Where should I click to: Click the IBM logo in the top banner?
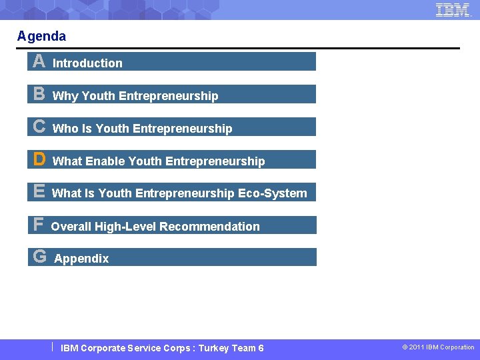(453, 10)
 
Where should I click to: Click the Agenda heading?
(41, 36)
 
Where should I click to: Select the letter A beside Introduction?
(39, 62)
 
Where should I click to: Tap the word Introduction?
(87, 63)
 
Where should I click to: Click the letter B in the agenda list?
(39, 95)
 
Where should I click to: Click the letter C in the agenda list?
(39, 127)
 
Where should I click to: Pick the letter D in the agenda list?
(39, 159)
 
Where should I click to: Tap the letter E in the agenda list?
(39, 192)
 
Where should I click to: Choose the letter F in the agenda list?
(39, 225)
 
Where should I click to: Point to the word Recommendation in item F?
(209, 227)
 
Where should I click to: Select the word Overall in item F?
(71, 227)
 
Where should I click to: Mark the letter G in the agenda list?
(39, 257)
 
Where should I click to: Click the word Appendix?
(81, 259)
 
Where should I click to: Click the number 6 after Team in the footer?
(261, 348)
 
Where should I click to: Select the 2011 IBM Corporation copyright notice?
(438, 347)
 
